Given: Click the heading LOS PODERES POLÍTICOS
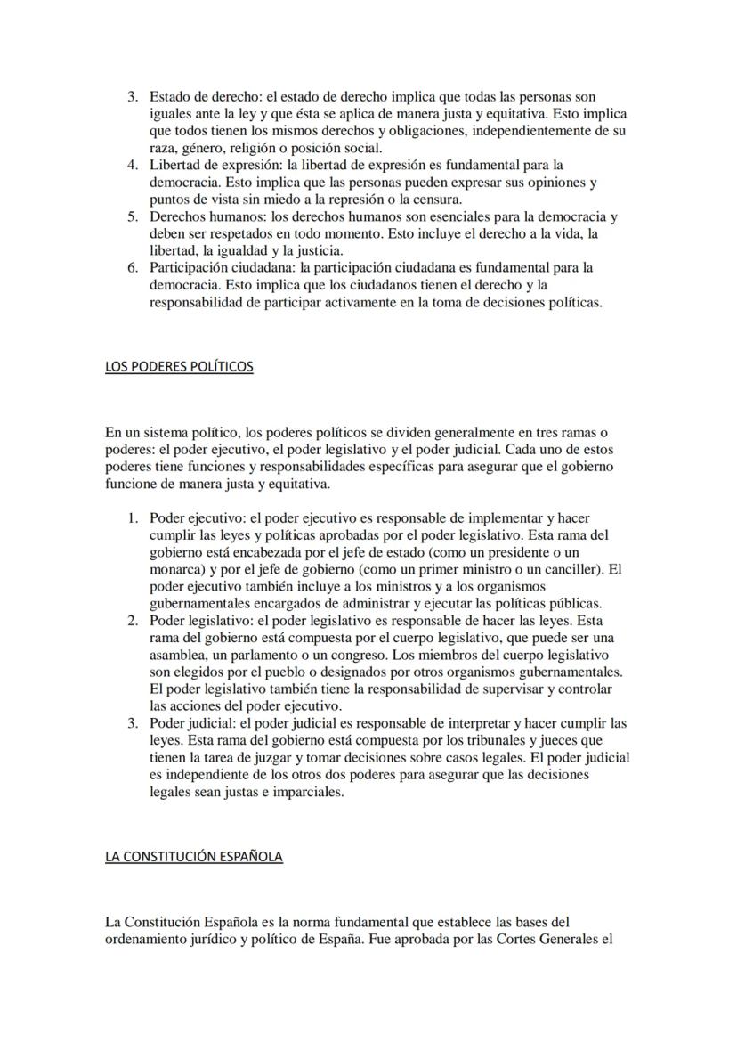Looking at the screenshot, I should click(x=179, y=367).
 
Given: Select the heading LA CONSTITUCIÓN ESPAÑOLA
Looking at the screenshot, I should click(x=193, y=857).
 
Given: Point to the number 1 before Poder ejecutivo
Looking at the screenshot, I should click(x=132, y=517).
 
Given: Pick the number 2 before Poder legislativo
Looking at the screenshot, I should click(x=132, y=621).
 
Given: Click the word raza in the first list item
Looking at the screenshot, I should click(x=164, y=148).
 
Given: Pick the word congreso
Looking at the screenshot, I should click(x=360, y=656).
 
